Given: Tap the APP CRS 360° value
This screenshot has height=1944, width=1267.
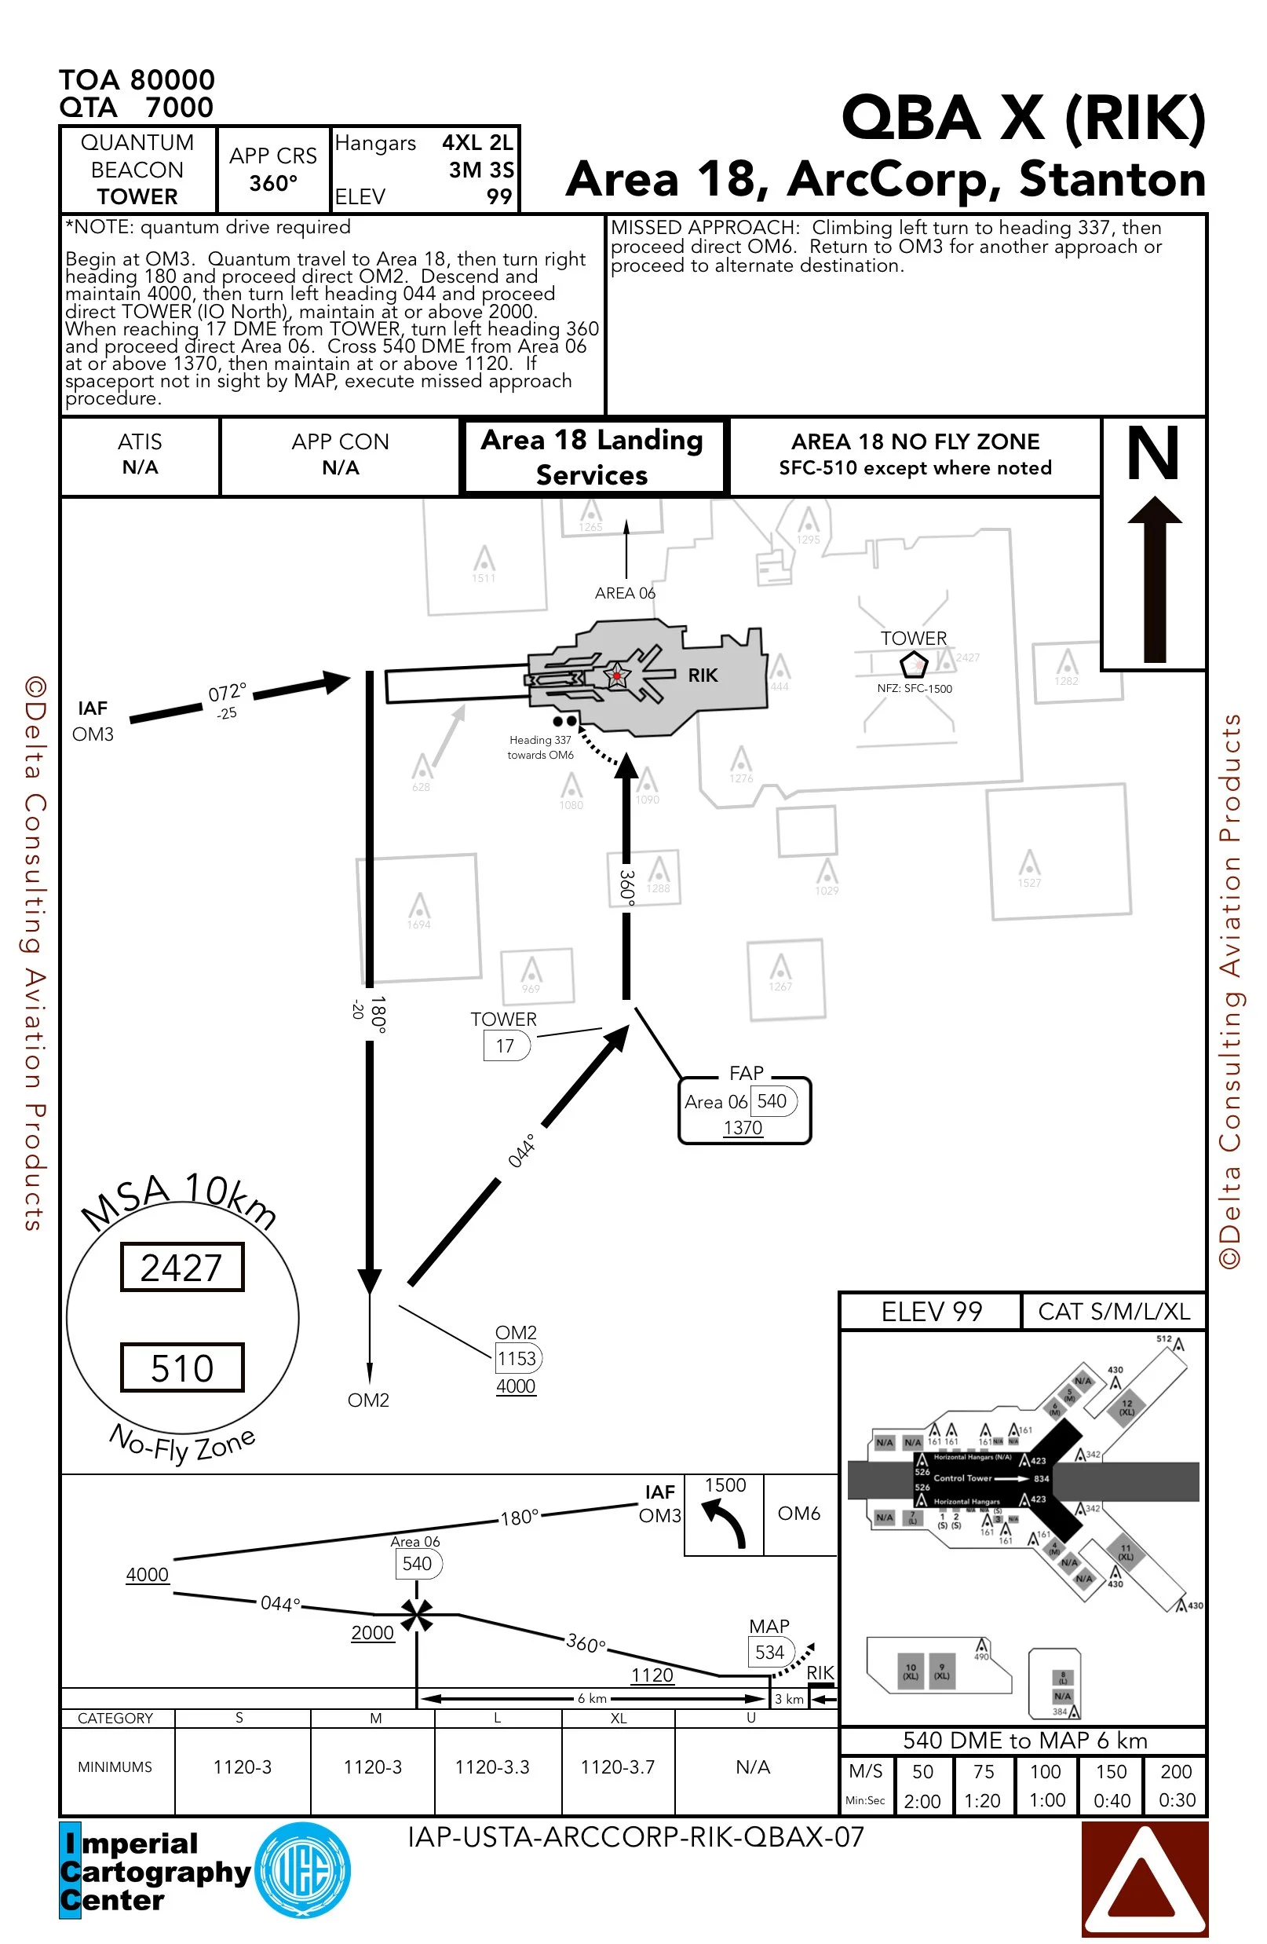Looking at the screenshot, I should click(272, 183).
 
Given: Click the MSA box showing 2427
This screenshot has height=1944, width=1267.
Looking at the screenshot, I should click(182, 1267).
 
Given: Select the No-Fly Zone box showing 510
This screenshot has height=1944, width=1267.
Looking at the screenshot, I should click(182, 1367).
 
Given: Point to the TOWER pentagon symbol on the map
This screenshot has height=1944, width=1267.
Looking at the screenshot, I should click(914, 663).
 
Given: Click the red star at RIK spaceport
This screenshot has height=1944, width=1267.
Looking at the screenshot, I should click(616, 675).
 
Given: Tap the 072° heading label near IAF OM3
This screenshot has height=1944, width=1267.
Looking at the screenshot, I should click(227, 694).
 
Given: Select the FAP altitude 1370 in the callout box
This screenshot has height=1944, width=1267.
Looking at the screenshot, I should click(742, 1127).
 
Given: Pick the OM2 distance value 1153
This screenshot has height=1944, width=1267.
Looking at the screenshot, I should click(517, 1358).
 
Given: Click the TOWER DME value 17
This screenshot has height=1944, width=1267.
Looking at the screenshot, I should click(506, 1045).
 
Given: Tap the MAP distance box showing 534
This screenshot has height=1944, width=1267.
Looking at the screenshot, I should click(769, 1653).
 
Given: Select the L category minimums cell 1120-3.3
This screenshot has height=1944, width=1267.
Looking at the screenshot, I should click(492, 1766).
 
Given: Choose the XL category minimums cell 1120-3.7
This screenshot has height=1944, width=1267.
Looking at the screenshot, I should click(617, 1766).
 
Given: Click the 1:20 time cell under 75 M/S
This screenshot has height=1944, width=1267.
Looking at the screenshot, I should click(982, 1800).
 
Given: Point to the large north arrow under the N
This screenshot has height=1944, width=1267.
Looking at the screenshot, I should click(1153, 580).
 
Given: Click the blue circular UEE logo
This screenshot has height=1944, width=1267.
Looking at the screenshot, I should click(303, 1870).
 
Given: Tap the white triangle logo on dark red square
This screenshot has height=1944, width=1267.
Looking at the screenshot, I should click(1144, 1878).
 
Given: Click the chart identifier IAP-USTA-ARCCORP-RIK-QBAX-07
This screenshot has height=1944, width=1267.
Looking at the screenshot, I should click(635, 1837).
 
